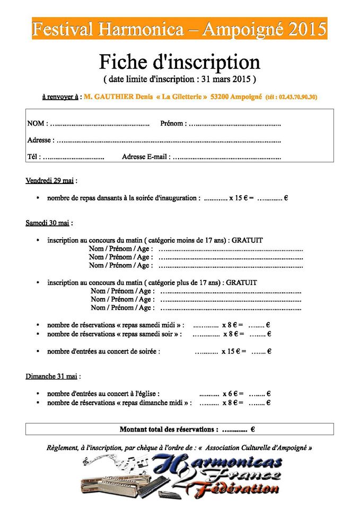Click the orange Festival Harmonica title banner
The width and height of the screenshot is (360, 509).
179,29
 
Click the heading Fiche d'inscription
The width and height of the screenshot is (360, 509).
180,62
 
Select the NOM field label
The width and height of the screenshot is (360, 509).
36,124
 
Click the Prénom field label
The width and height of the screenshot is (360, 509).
172,124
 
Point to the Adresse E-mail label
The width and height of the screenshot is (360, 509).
146,157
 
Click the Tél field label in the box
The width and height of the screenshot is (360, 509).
32,157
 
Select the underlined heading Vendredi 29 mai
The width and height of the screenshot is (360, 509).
49,181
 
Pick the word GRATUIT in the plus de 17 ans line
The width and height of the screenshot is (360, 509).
242,283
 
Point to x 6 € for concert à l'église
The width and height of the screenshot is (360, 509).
232,394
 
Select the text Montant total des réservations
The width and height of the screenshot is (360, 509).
169,429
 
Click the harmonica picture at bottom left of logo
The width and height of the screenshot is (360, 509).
114,484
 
